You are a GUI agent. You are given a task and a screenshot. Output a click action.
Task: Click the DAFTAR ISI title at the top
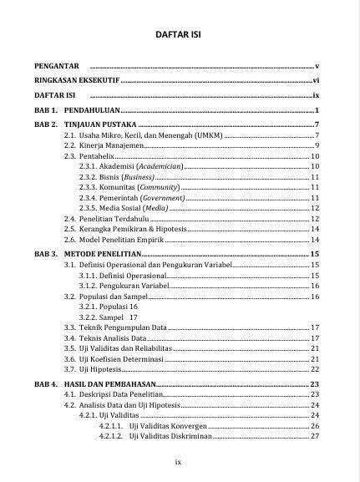(180, 36)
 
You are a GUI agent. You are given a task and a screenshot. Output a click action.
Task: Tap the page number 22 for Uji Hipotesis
(314, 368)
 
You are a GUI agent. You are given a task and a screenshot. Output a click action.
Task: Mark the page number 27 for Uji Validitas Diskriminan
(314, 436)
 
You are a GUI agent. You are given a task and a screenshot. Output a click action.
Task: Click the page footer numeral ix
(179, 461)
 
